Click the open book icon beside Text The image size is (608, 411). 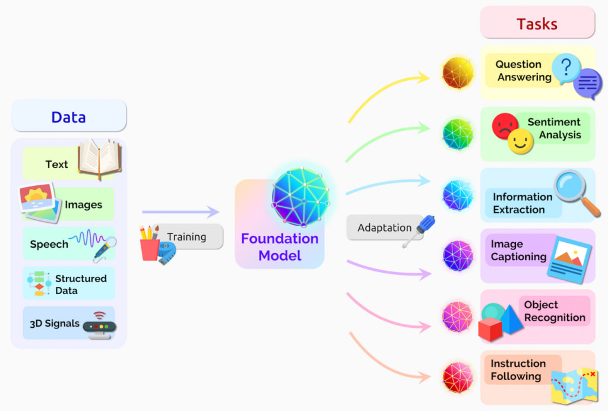coord(100,159)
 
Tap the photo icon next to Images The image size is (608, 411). coord(40,202)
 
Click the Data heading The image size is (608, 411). coord(68,117)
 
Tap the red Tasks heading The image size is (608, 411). coord(537,24)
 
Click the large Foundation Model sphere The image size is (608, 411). coord(300,197)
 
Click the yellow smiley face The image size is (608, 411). coord(520,142)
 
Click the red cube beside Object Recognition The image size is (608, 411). coord(490,328)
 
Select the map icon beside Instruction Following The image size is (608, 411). coord(574,384)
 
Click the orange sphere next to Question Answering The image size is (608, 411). coord(458,73)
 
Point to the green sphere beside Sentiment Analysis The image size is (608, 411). coord(458,134)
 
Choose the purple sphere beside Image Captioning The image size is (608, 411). coord(458,256)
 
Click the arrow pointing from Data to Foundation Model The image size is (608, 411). coord(180,212)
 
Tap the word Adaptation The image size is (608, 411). coord(384,228)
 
